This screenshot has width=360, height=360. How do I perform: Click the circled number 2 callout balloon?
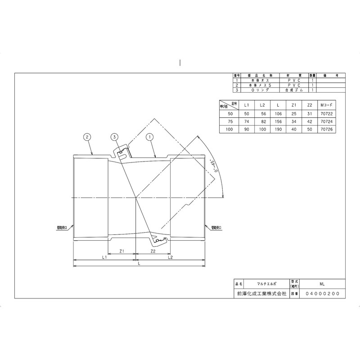coord(88,136)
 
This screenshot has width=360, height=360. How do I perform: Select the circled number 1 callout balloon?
coord(151,136)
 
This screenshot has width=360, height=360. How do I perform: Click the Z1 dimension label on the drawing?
coord(121,252)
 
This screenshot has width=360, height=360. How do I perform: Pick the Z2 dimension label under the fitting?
coord(153,252)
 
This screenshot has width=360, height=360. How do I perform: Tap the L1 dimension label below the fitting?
coord(104,258)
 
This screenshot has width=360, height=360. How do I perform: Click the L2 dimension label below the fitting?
coord(171,258)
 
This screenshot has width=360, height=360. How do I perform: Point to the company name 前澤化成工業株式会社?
coord(261,293)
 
